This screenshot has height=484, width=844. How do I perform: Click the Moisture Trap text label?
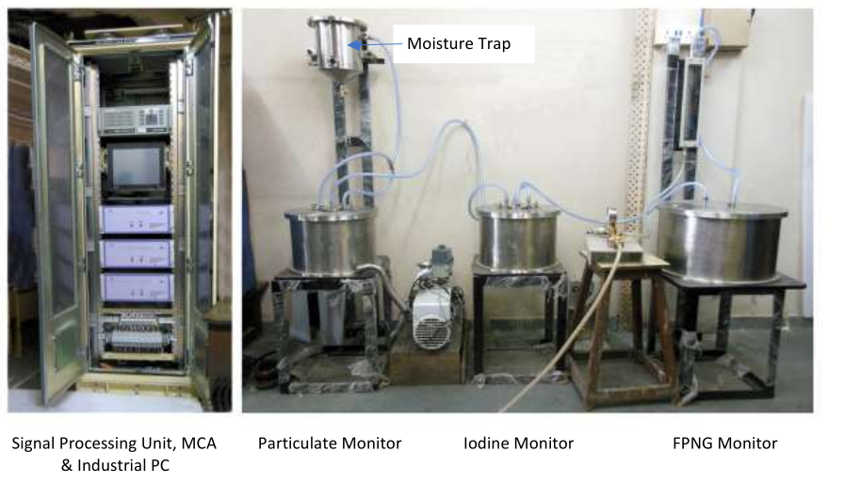coord(458,43)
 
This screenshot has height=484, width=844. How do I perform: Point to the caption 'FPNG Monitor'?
coord(718,443)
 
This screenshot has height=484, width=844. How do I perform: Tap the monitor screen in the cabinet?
coord(135,169)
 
